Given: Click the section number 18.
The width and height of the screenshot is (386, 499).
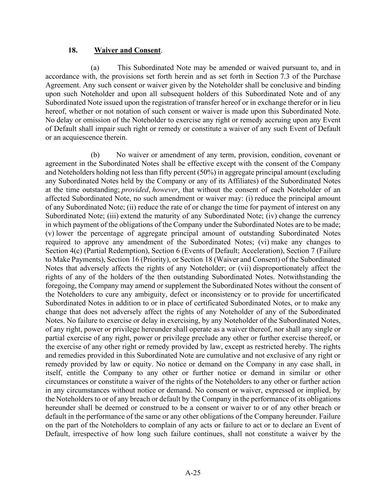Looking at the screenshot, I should [x=73, y=50].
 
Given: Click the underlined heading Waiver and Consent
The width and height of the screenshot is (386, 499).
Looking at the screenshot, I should [x=127, y=50].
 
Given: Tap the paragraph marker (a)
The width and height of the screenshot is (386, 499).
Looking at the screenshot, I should [x=95, y=68].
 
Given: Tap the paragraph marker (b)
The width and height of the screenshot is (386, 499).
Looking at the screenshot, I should [x=95, y=155].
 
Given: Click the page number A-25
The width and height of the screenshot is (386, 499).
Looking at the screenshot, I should [x=193, y=473].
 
